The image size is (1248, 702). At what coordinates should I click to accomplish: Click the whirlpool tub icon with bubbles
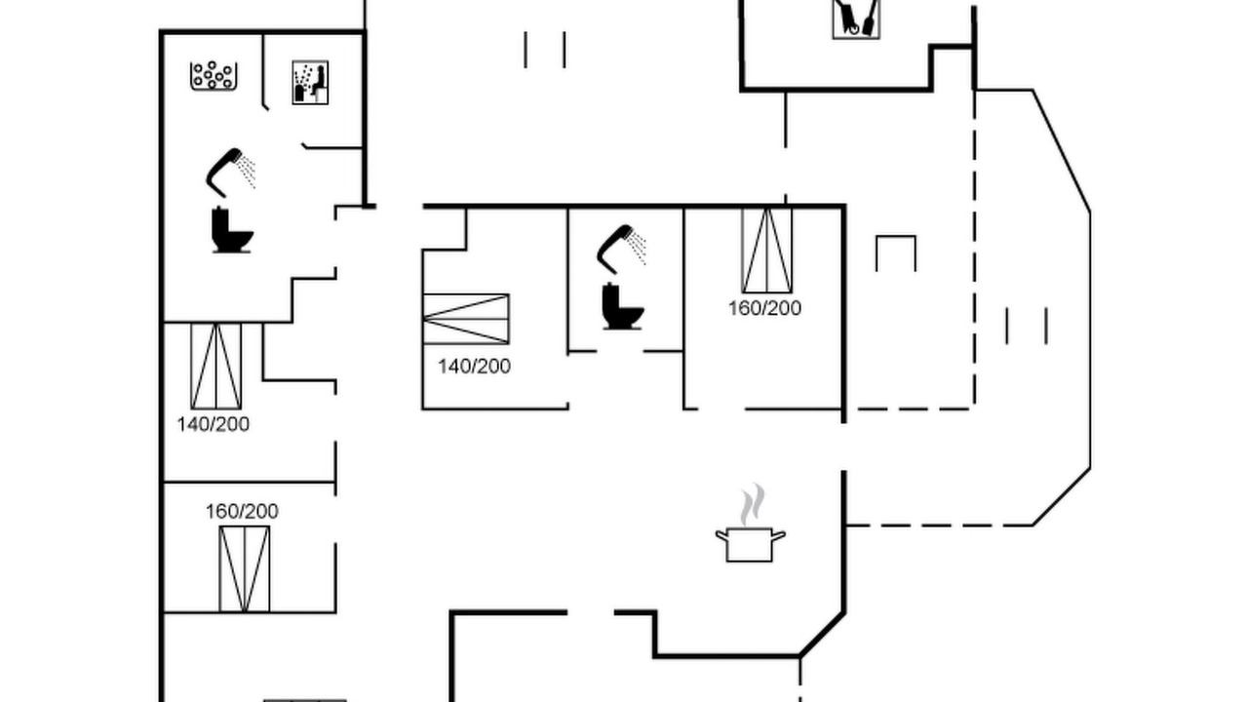214,76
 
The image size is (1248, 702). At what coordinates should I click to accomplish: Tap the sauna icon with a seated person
310,83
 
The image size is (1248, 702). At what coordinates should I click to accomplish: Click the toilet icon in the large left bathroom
232,230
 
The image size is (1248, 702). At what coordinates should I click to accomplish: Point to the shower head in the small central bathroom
622,249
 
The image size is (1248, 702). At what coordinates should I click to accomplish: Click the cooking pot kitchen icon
750,545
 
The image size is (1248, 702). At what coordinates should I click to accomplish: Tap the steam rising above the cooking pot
752,504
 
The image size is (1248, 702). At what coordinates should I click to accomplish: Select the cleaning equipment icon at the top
856,19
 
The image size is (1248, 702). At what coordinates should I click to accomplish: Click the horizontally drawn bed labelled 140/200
466,319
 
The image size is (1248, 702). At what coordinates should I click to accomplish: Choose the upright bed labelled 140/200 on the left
216,366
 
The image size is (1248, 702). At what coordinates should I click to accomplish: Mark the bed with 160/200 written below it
767,251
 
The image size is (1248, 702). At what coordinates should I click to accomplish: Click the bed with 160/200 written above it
245,568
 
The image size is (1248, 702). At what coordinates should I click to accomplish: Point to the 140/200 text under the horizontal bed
474,366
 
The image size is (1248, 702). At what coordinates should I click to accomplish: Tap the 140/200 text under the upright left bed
213,424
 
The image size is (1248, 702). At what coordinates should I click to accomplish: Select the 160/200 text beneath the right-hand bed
765,308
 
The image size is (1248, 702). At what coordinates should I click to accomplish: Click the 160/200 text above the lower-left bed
242,512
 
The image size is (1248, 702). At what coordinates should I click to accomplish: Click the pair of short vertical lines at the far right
1027,326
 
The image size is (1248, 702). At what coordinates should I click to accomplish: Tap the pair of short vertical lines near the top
545,50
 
